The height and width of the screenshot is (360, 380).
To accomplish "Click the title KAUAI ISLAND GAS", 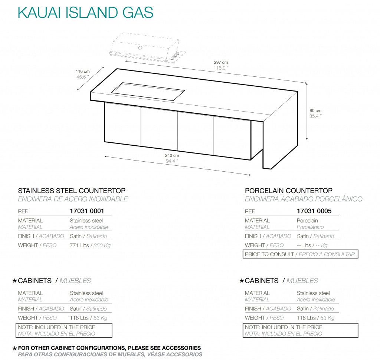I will coord(85,13).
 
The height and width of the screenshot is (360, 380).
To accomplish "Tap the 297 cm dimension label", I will coord(221,63).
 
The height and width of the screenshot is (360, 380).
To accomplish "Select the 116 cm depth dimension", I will coord(83,72).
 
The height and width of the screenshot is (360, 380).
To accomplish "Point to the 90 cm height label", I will coord(316,110).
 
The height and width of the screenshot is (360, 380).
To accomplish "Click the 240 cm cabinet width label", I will coord(172,155).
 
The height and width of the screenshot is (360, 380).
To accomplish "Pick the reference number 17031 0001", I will coord(87,211).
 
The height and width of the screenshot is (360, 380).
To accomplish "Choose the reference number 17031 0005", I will coord(314,211).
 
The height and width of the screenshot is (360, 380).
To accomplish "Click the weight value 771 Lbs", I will coord(79,245).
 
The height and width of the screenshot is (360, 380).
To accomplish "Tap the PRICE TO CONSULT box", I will coord(300,254).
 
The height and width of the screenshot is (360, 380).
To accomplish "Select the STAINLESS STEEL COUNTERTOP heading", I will coord(72,191).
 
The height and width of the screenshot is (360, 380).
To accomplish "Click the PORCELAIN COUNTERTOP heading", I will coord(289,191).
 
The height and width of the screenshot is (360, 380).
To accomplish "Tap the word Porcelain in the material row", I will coord(307,221).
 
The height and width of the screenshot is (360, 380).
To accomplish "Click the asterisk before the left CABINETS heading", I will coord(14,281).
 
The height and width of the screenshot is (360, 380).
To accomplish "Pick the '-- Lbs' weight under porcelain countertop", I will coord(304,245).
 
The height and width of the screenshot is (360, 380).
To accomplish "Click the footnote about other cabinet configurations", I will coord(109,348).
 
